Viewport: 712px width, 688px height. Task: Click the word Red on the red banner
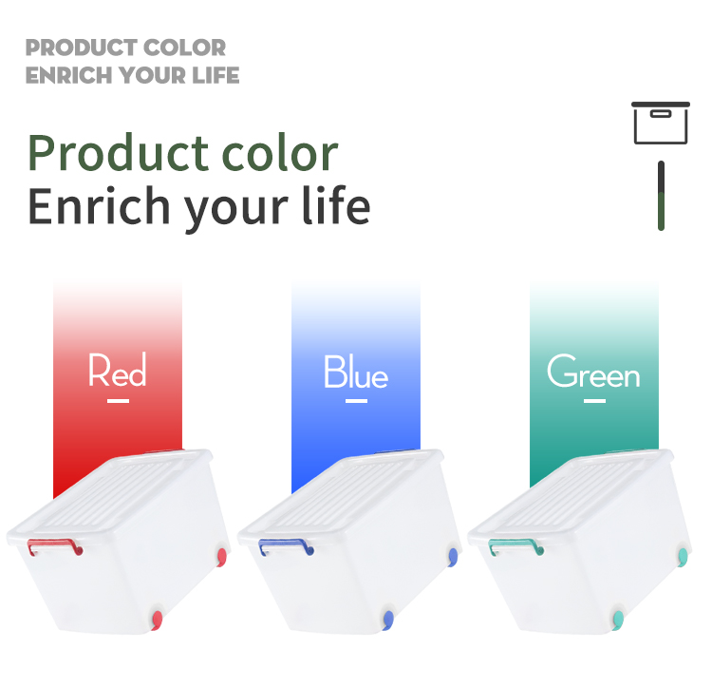[118, 371]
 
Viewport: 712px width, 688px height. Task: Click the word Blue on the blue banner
[356, 372]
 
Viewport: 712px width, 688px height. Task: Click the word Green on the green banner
[593, 372]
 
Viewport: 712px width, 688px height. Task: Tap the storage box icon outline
[660, 123]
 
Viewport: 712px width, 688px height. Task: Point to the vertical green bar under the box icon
[661, 196]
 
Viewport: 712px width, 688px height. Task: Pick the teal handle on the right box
[516, 547]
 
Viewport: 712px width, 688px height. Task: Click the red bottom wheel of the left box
[158, 621]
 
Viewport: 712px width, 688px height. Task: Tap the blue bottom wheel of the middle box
[388, 621]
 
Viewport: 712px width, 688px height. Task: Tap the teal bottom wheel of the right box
[619, 621]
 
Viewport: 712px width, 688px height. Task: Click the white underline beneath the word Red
[118, 401]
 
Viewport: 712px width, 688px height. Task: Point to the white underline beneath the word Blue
[356, 401]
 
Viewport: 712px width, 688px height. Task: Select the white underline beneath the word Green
[594, 401]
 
